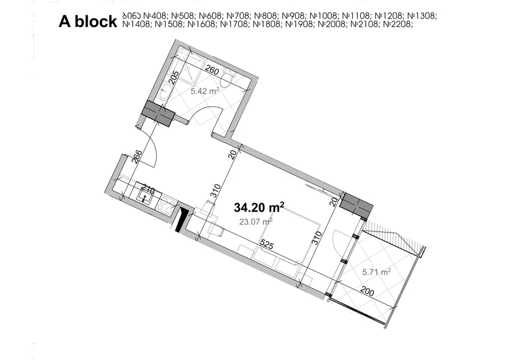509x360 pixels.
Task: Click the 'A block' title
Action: point(88,22)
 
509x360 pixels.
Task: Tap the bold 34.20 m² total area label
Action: point(259,207)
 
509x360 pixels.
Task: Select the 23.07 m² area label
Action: point(256,221)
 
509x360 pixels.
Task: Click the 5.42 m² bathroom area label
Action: point(205,91)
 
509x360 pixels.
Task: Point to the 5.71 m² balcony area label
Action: point(377,272)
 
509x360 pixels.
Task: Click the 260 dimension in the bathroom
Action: point(212,71)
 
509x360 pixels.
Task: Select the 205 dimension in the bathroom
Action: point(174,78)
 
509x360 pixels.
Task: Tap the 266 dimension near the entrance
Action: point(137,156)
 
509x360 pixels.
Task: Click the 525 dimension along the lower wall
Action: point(267,245)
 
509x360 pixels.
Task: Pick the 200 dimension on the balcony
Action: point(367,292)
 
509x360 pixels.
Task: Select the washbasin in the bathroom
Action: point(165,91)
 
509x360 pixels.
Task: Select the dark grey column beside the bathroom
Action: point(159,113)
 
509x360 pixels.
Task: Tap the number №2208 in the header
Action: point(398,24)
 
